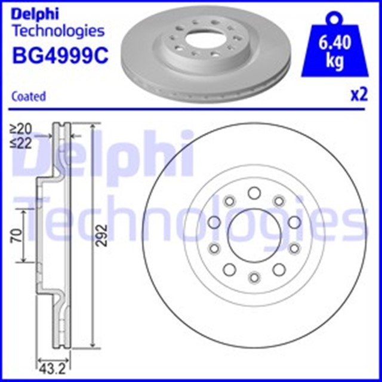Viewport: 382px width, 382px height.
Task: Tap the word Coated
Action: [x=29, y=96]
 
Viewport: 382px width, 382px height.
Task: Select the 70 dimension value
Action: [x=17, y=235]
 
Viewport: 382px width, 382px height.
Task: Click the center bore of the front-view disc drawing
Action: [x=254, y=235]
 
